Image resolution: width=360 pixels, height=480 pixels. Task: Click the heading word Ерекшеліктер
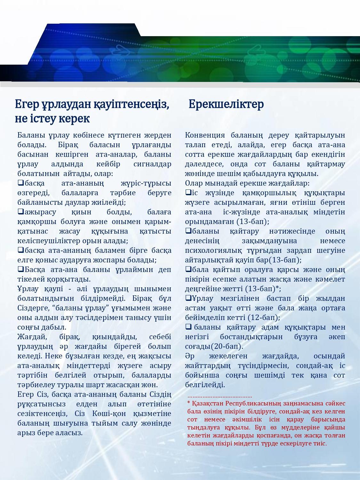(x=226, y=104)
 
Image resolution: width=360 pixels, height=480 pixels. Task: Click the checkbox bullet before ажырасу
(x=21, y=212)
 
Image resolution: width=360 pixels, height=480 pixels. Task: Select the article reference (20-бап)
(x=227, y=346)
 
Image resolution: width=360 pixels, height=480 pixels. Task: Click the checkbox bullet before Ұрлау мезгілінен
(x=188, y=298)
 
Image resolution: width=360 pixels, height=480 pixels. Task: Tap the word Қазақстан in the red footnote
(x=208, y=404)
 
